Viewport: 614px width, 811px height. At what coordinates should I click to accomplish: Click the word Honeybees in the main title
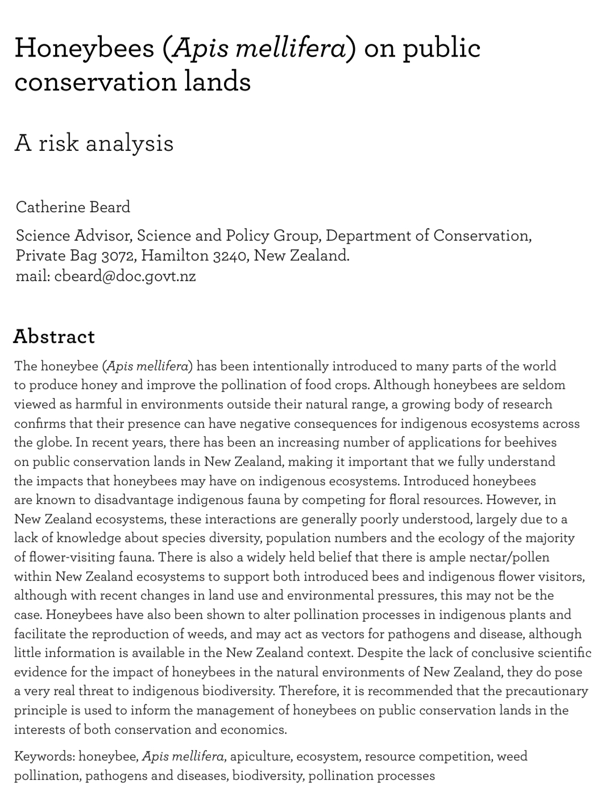click(84, 48)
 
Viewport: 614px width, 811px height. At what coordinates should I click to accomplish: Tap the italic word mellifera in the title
click(291, 48)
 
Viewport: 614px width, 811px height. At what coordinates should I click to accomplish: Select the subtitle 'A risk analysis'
click(94, 143)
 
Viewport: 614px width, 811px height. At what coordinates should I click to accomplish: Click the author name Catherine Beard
click(73, 207)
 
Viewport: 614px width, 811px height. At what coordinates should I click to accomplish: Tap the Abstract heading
click(54, 337)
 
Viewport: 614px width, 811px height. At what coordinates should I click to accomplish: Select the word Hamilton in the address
click(175, 256)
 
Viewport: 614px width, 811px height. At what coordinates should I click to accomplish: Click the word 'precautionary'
click(546, 692)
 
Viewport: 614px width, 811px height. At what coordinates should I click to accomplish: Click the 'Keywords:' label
click(44, 756)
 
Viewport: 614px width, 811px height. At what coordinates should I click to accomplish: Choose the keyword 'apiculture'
click(260, 756)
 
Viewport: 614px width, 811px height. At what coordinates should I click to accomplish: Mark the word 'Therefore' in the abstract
click(309, 692)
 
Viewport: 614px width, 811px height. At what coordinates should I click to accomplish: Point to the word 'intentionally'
click(289, 366)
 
